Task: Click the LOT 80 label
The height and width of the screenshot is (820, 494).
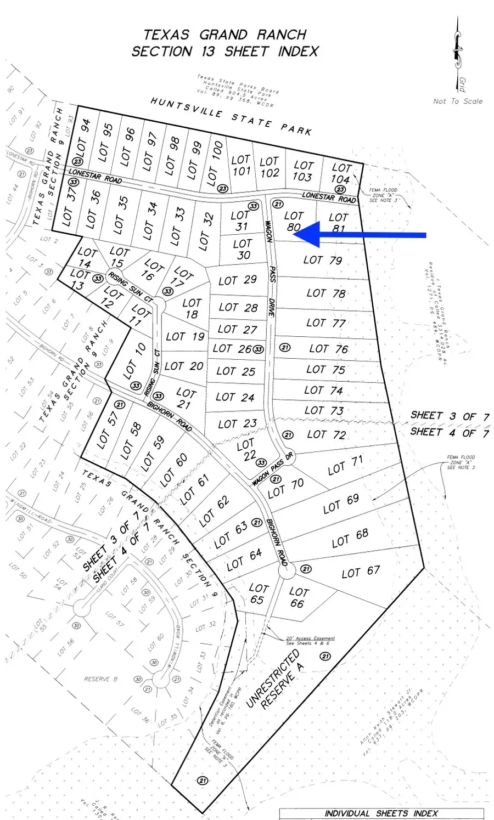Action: [x=294, y=222]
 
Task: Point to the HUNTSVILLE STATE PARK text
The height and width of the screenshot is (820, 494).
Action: [x=231, y=116]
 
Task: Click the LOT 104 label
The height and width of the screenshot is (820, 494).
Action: [x=341, y=173]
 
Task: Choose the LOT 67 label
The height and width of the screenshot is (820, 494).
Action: [x=361, y=572]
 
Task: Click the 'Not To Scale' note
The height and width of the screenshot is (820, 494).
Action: [x=458, y=101]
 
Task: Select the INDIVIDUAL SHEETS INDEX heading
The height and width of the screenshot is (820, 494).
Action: [x=381, y=813]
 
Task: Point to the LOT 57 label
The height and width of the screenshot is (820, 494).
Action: [x=108, y=429]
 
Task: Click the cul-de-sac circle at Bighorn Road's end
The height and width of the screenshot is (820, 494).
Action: [x=287, y=571]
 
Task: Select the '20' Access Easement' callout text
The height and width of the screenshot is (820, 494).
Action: [x=310, y=639]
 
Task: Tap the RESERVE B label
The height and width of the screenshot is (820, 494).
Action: [x=100, y=679]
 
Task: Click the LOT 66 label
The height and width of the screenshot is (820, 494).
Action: [x=298, y=597]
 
